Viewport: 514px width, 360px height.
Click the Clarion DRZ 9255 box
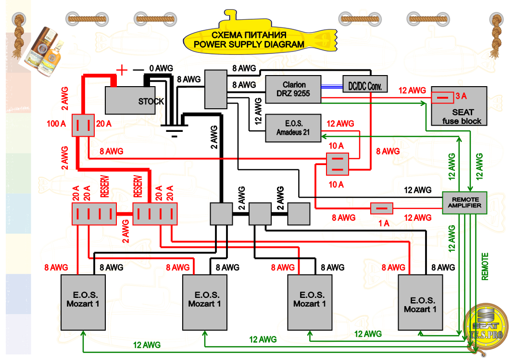click(293, 89)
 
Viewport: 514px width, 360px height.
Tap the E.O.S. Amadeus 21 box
click(293, 128)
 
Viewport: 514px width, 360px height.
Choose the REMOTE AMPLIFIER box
click(464, 203)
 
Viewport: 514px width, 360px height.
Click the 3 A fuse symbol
click(442, 97)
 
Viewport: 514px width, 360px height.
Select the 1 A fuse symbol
click(382, 208)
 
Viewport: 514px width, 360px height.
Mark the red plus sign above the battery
click(123, 70)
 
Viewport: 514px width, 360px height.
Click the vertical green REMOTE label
click(485, 266)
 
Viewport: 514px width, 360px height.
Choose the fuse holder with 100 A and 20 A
click(83, 125)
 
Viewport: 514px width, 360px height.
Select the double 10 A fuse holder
click(338, 164)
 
